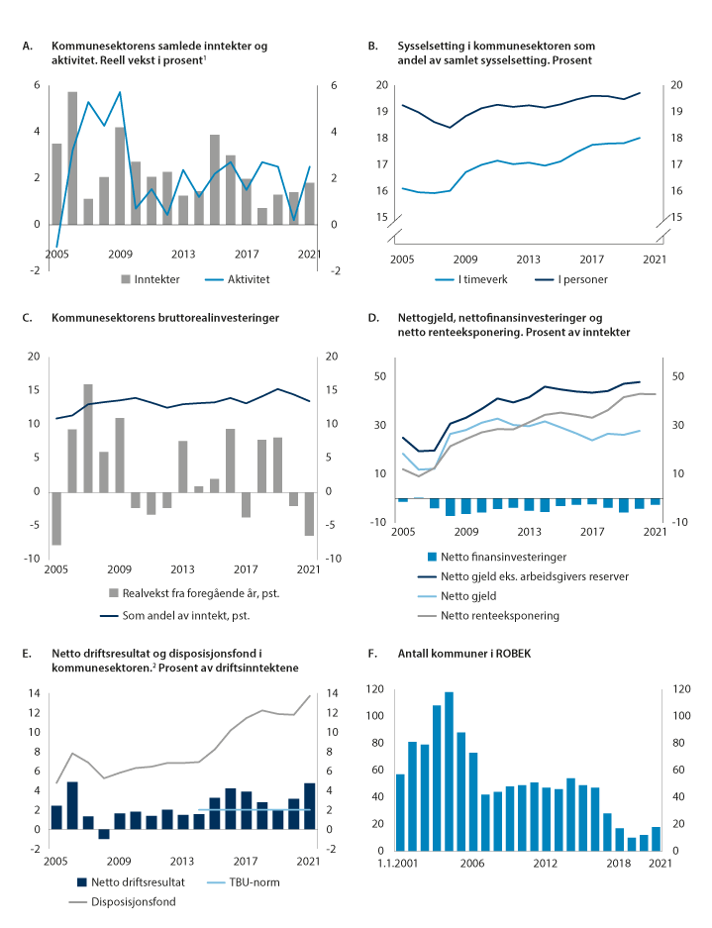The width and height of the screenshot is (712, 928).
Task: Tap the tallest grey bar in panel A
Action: click(72, 157)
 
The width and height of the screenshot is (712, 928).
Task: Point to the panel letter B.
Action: click(372, 47)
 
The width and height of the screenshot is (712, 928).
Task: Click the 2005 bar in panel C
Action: click(56, 518)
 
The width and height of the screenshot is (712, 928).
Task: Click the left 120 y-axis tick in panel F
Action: click(375, 687)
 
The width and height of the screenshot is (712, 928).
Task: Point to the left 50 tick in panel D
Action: click(380, 376)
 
